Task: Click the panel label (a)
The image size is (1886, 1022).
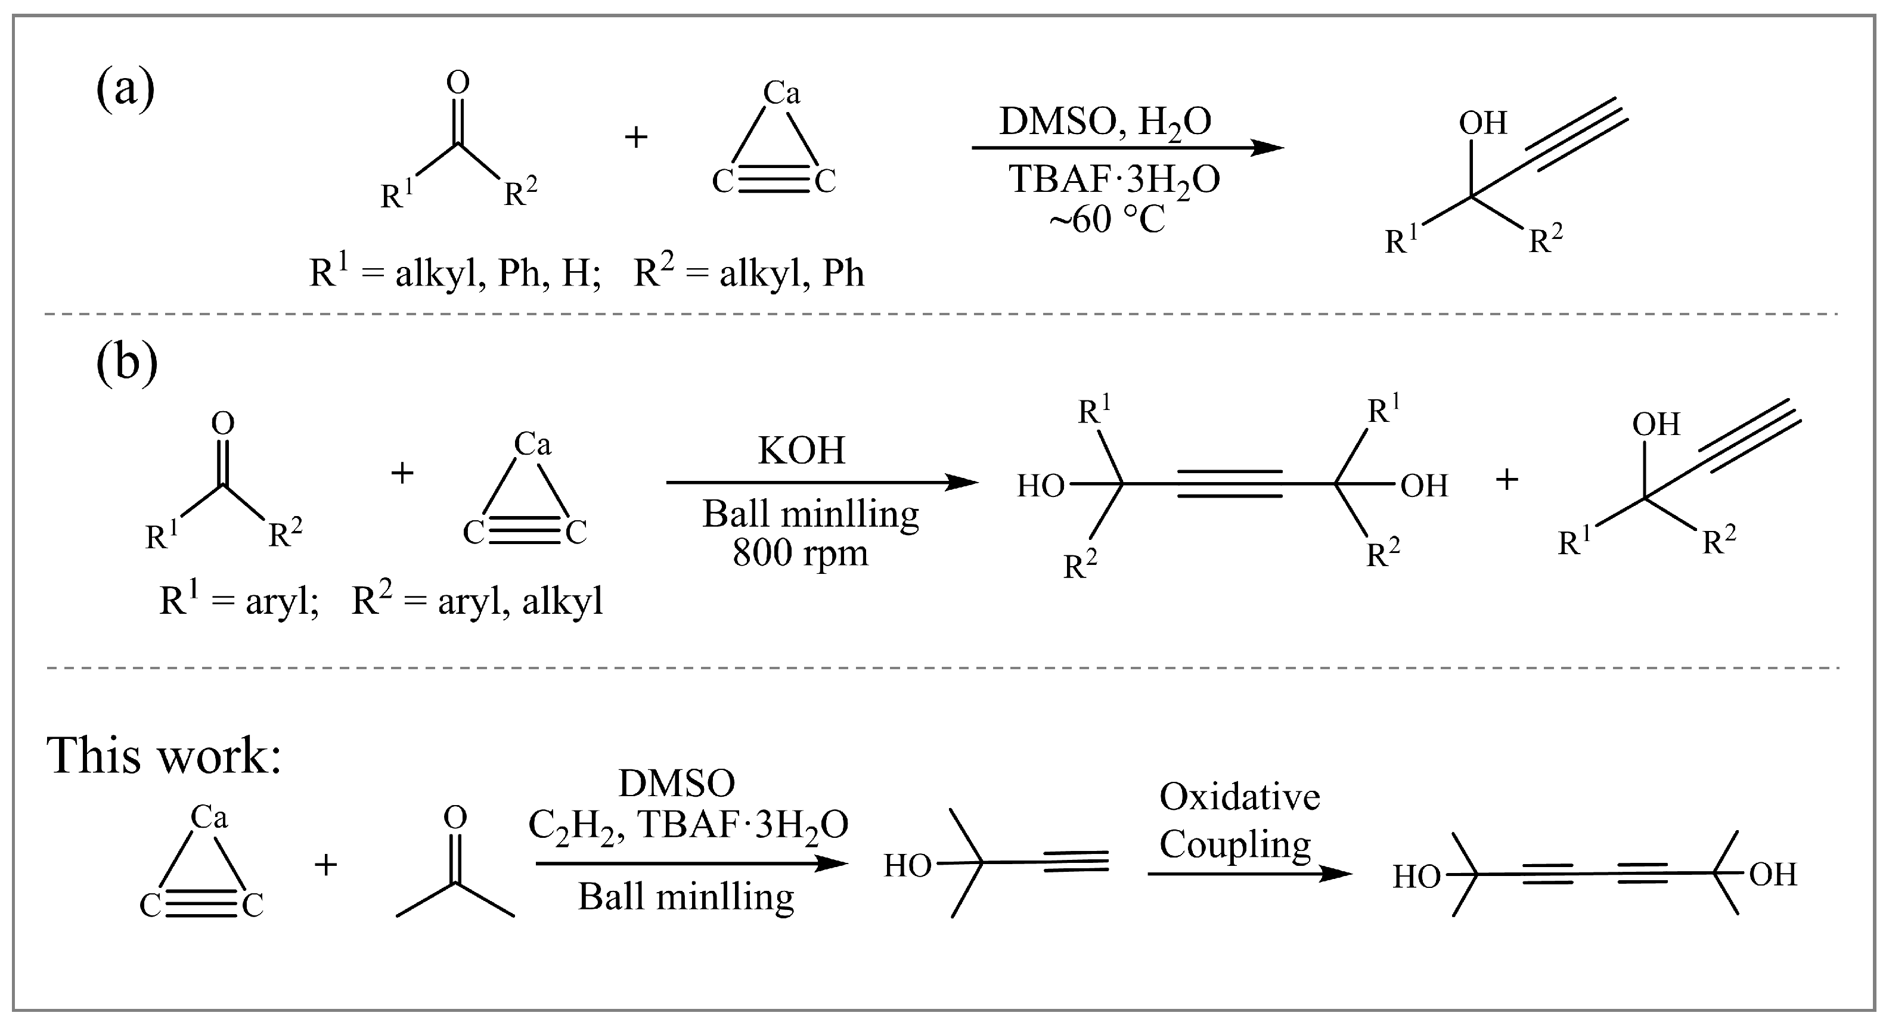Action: tap(125, 89)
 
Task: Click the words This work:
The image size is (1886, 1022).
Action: tap(164, 755)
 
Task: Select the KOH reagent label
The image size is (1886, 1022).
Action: tap(801, 451)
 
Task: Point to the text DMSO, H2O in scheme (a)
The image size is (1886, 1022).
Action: tap(1106, 122)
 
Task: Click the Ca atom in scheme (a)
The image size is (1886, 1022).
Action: tap(781, 93)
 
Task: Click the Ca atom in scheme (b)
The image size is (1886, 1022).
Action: tap(532, 443)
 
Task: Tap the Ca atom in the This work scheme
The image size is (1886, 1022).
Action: tap(209, 817)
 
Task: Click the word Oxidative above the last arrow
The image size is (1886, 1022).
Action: tap(1239, 797)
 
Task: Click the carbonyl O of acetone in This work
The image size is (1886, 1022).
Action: tap(455, 817)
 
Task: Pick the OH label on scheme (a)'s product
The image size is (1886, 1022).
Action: tap(1482, 123)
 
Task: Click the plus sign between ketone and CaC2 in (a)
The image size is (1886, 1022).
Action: tap(636, 137)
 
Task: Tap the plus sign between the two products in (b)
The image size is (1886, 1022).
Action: tap(1507, 480)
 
